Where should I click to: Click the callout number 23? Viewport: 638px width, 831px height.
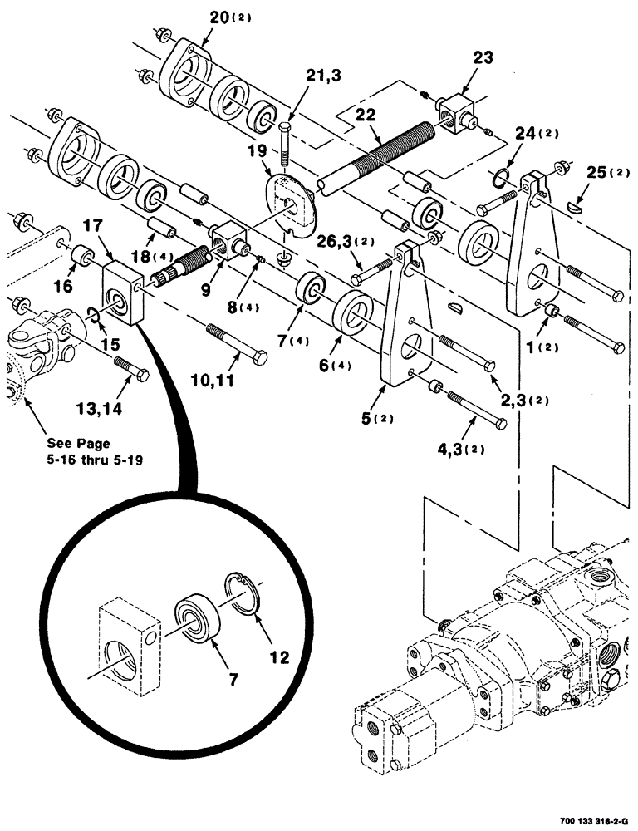(x=483, y=57)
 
